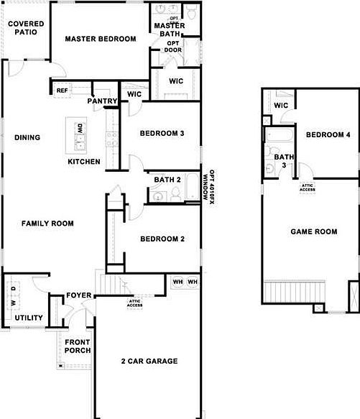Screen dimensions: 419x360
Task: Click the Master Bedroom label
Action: (101, 39)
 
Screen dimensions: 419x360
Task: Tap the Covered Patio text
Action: (26, 28)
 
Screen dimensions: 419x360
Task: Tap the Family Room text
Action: (47, 224)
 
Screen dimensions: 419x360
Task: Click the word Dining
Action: (27, 137)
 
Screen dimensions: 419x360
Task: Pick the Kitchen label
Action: (84, 162)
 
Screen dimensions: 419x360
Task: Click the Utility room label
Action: (29, 318)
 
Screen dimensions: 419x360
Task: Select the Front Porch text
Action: (78, 346)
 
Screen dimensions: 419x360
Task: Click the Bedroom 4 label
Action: (328, 134)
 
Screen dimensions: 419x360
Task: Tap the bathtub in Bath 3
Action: (277, 136)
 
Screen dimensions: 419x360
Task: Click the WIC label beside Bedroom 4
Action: (281, 106)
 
